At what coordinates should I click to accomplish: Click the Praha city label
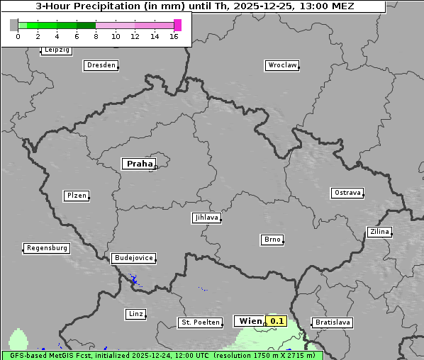pos(139,164)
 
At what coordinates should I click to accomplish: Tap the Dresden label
pos(100,65)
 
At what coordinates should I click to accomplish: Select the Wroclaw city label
pos(281,65)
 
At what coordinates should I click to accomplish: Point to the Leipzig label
pos(56,50)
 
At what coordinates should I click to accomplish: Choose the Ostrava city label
pos(347,193)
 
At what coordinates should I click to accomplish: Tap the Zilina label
pos(379,232)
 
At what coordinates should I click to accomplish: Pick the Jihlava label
pos(206,218)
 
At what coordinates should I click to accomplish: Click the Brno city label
pos(272,240)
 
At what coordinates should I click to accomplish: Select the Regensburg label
pos(46,248)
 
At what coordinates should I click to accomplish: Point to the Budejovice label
pos(133,258)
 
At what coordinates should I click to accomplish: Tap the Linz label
pos(135,313)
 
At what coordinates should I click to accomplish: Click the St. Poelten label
pos(200,322)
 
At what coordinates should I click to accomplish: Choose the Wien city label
pos(250,321)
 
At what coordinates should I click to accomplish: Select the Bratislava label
pos(333,322)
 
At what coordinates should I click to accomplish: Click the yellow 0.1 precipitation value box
pos(277,321)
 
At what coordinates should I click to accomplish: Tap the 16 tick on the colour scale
pos(174,36)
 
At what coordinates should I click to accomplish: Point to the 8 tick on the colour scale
pos(96,36)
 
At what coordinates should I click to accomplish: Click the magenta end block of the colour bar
pos(177,25)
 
